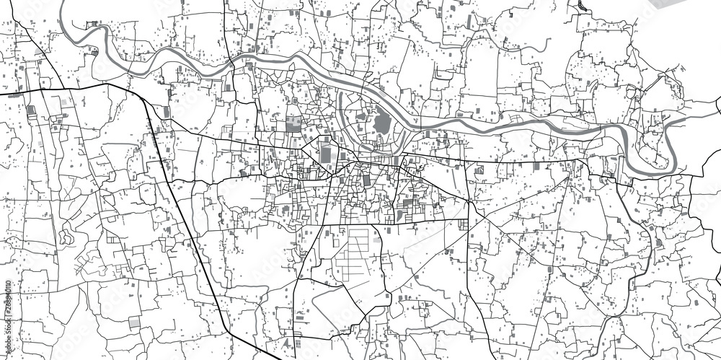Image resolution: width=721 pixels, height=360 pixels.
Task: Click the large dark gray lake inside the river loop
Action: click(381, 120)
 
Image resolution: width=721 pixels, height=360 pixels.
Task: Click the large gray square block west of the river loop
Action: click(293, 124)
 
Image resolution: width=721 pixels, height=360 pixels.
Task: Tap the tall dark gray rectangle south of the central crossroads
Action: click(366, 180)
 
